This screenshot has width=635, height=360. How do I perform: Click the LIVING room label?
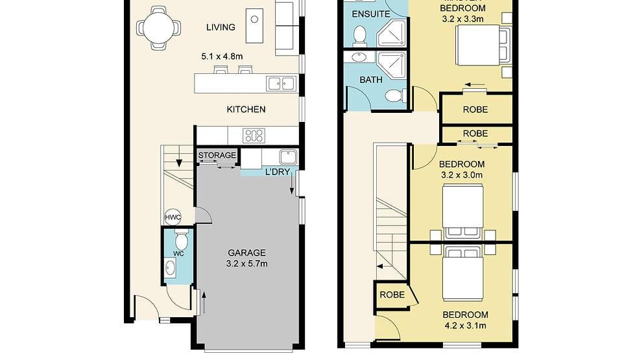tap(221, 27)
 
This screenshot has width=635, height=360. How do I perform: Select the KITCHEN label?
tap(246, 110)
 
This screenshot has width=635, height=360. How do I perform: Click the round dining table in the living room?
tap(158, 28)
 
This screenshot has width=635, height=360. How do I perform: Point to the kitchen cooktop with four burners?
tap(254, 136)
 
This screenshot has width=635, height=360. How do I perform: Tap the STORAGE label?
tap(217, 156)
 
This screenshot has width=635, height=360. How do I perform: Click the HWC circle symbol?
tap(173, 218)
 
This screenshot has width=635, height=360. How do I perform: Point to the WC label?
tap(179, 254)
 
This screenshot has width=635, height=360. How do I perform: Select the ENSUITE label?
tap(371, 14)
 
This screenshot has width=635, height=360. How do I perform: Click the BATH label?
tap(371, 80)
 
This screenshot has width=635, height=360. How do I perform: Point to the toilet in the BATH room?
tap(394, 97)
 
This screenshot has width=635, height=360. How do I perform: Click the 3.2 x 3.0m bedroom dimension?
tap(462, 175)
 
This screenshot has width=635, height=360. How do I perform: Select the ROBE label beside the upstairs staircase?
tap(392, 295)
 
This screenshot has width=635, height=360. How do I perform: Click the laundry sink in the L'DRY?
tap(287, 157)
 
